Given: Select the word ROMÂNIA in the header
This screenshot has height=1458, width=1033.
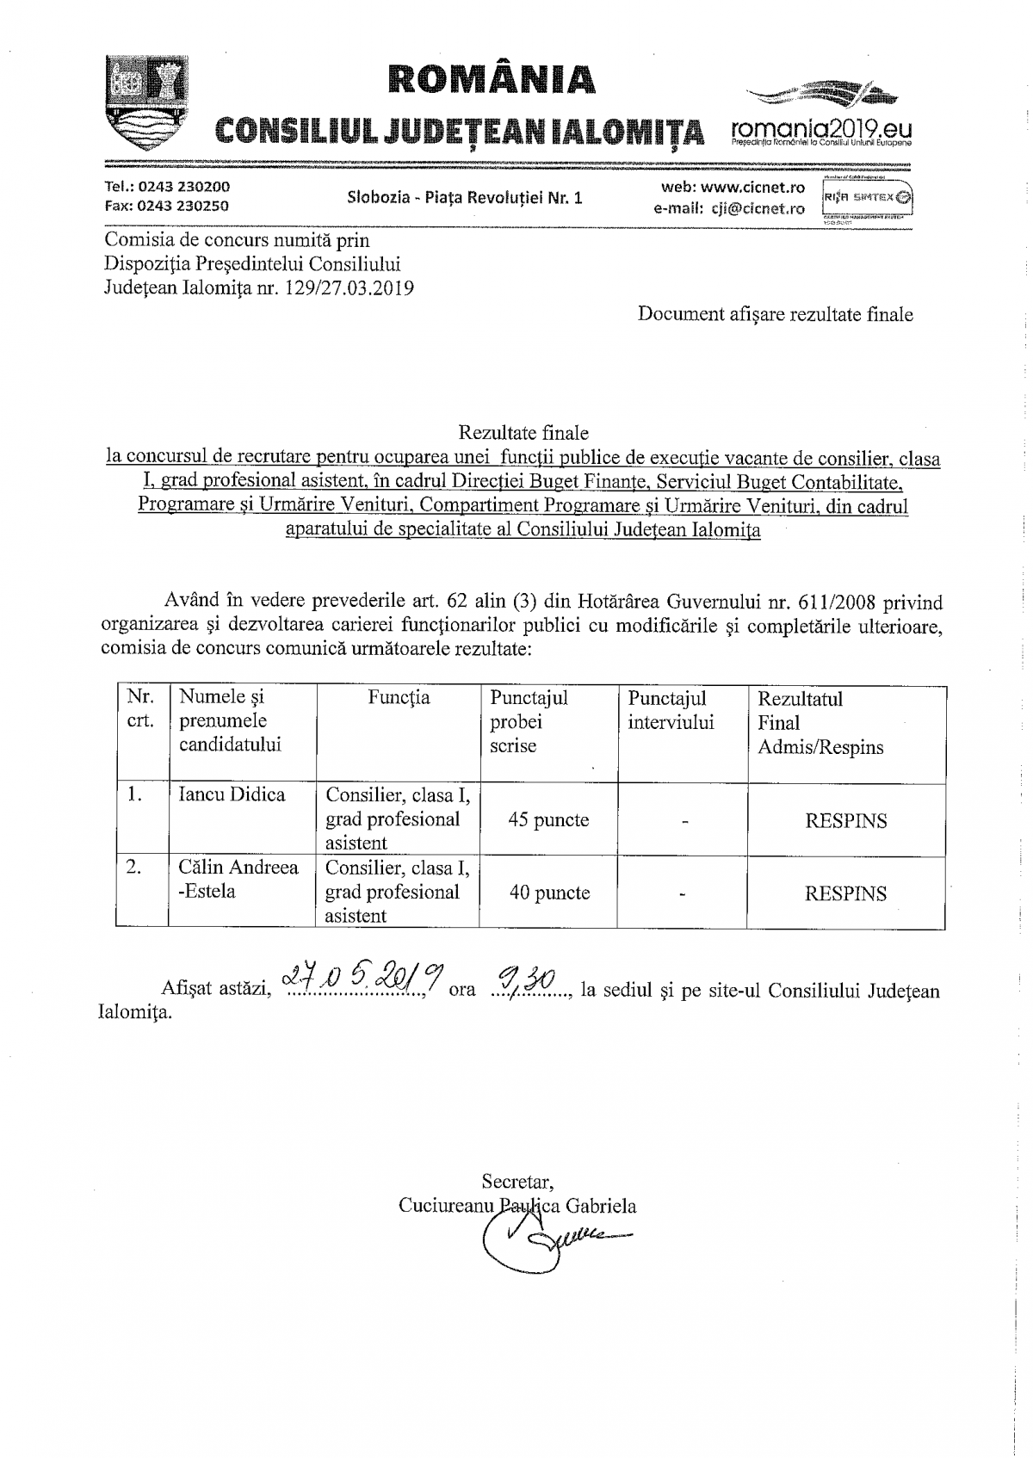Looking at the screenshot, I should [x=492, y=78].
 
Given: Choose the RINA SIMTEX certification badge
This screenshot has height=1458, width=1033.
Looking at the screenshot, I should [x=868, y=197].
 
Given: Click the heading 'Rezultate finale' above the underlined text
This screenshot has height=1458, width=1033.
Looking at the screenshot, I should [x=523, y=432].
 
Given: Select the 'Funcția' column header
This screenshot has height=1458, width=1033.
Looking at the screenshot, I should [x=399, y=698].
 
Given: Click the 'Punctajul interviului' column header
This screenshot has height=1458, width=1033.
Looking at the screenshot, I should [x=671, y=710].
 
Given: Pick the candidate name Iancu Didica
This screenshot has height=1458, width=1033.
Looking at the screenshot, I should [x=232, y=794].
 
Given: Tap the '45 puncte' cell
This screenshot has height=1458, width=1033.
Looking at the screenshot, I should [x=548, y=820].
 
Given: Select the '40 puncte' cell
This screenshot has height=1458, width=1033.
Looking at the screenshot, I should [x=549, y=893].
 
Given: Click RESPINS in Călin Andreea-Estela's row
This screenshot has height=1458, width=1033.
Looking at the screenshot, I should [x=845, y=894].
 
